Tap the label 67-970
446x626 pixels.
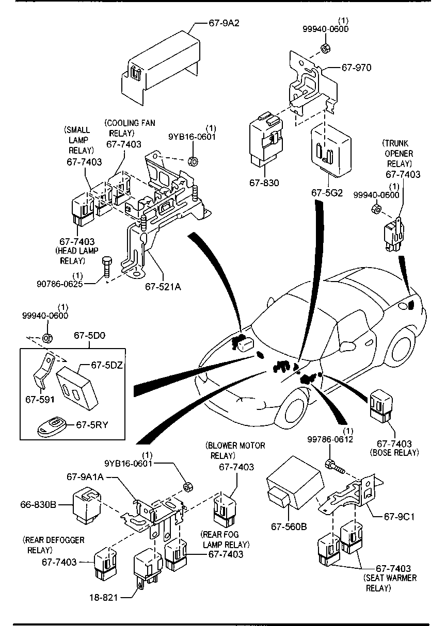click(356, 68)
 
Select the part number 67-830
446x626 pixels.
click(264, 184)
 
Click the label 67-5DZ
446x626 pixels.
click(107, 365)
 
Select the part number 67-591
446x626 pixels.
click(39, 399)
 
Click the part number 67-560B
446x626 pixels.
click(289, 526)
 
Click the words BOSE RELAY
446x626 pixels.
click(394, 452)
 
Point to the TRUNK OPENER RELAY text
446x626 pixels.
click(397, 154)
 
